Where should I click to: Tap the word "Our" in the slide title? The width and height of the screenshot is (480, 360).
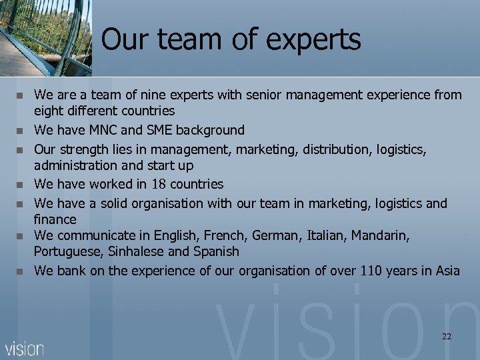pos(129,39)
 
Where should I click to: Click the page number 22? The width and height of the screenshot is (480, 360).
pos(446,337)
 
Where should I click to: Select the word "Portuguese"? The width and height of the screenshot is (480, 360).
pos(66,252)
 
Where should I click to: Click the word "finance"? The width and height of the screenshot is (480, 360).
pos(55,219)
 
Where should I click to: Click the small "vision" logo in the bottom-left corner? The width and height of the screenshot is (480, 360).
pos(24,348)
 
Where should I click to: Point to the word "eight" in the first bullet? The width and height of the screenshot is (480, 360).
pos(48,111)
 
